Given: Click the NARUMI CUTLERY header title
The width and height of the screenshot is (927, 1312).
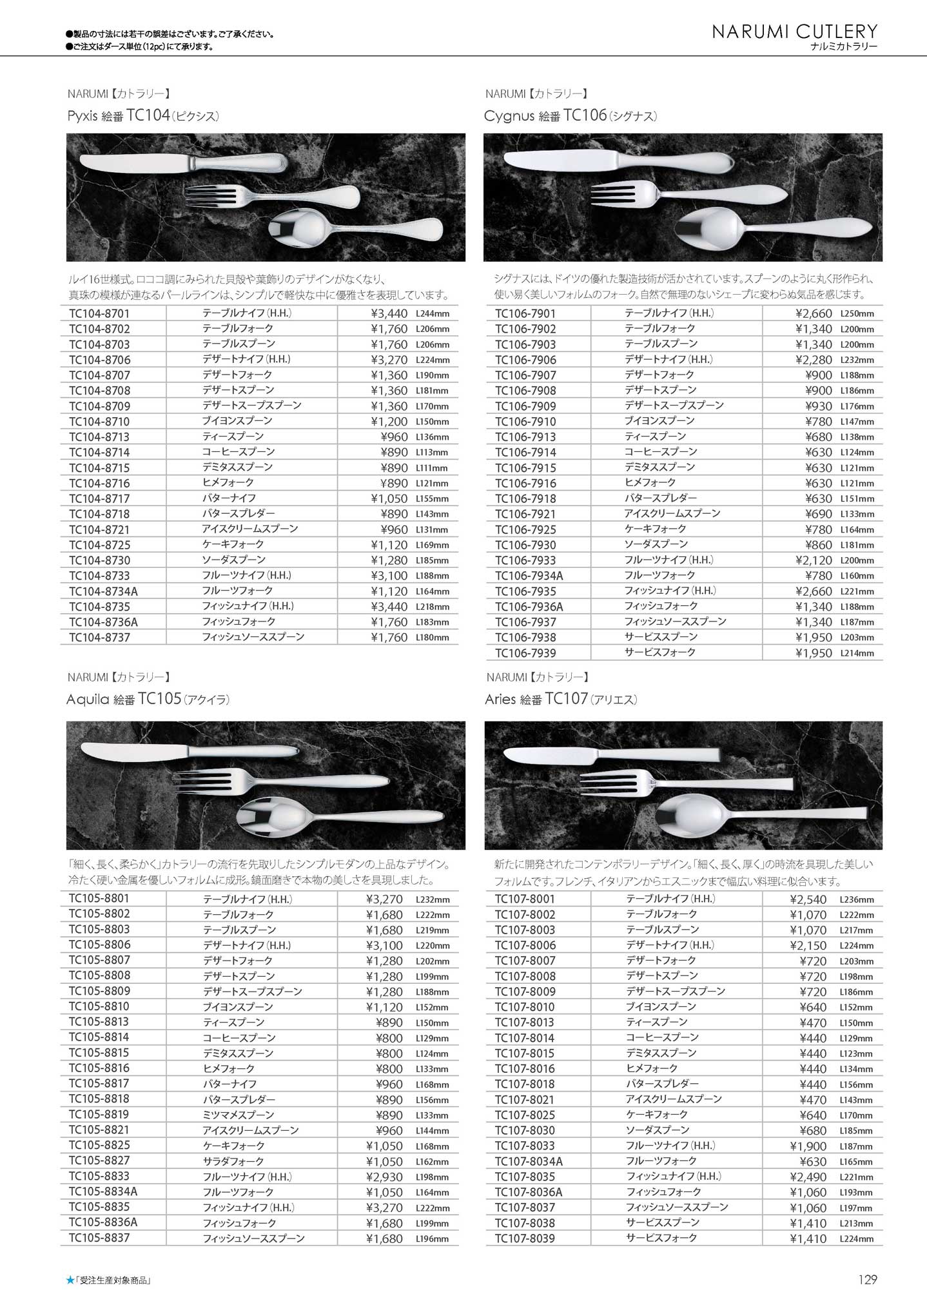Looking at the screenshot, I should click(795, 32).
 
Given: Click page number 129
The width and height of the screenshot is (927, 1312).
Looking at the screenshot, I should click(868, 1280).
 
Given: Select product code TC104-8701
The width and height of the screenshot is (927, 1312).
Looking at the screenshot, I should click(99, 314).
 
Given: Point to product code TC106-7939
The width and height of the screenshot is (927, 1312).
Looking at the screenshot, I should click(525, 653).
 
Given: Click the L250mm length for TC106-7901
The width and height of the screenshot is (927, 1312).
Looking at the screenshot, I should click(857, 314).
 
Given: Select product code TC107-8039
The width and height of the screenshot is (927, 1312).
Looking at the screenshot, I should click(525, 1239).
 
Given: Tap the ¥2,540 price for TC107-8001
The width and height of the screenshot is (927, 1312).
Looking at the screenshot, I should click(808, 899).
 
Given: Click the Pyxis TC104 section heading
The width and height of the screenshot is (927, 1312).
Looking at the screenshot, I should click(143, 116).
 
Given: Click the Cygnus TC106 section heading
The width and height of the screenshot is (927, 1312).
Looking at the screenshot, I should click(571, 116).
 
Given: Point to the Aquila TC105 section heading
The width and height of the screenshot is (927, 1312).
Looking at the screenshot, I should click(148, 700).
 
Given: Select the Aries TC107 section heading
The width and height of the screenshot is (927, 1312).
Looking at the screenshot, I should click(561, 700).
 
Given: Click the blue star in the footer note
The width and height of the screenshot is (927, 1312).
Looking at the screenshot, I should click(70, 1280).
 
